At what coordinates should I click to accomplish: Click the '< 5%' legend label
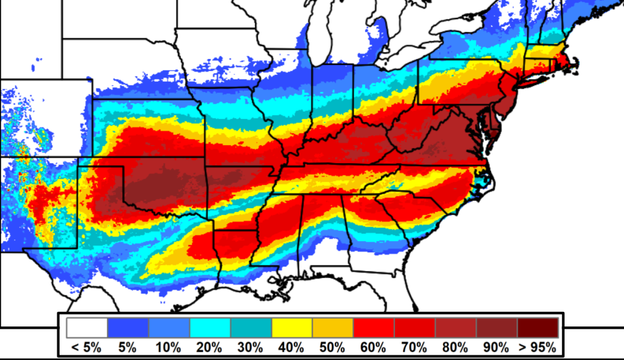(x=86, y=347)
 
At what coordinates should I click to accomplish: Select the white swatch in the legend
(x=87, y=328)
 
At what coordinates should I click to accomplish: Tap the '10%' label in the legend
(x=168, y=347)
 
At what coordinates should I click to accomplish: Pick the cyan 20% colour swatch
(x=210, y=328)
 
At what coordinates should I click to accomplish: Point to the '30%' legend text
(x=250, y=347)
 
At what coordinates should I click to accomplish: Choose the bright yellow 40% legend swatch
(x=292, y=328)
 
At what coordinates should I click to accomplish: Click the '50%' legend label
(x=332, y=347)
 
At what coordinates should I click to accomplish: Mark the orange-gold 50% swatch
(x=333, y=328)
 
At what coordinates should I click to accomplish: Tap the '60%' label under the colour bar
(x=373, y=347)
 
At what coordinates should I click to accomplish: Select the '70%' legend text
(x=415, y=347)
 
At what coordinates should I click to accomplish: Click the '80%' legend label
(x=456, y=347)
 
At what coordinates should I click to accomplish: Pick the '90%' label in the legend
(x=496, y=347)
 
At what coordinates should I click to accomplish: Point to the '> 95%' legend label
(x=537, y=347)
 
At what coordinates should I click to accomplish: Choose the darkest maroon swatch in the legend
(x=538, y=328)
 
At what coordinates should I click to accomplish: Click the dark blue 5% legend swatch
(x=128, y=328)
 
